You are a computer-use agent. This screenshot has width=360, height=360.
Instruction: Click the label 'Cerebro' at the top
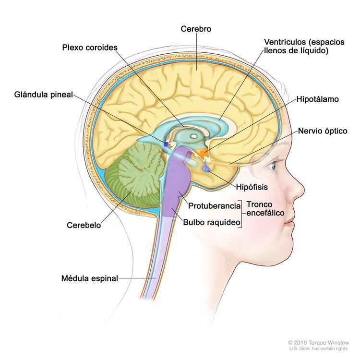point(196,29)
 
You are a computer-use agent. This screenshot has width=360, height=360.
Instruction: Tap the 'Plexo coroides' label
point(90,48)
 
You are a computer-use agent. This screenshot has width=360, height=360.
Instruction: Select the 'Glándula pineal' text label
point(44,95)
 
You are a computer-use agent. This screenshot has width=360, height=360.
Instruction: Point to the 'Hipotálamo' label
point(318,99)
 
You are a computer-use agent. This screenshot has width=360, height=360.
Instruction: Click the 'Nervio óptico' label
point(323,131)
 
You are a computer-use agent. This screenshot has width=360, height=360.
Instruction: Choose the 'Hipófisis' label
point(252,187)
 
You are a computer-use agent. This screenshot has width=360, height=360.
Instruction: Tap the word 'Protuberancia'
point(214,206)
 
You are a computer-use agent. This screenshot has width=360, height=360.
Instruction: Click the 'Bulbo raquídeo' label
point(212,222)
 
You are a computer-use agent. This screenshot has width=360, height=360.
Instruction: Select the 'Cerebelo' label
point(84,225)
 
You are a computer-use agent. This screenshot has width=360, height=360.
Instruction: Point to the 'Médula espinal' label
point(90,278)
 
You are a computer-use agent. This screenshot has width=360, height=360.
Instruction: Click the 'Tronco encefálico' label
point(265,209)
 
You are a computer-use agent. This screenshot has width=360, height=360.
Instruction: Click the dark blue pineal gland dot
point(166,144)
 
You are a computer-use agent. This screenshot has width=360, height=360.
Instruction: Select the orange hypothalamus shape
point(202,153)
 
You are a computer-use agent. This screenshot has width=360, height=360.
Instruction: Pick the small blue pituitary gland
point(206,169)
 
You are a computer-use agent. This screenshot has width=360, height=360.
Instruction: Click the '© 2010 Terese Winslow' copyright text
point(318,343)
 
